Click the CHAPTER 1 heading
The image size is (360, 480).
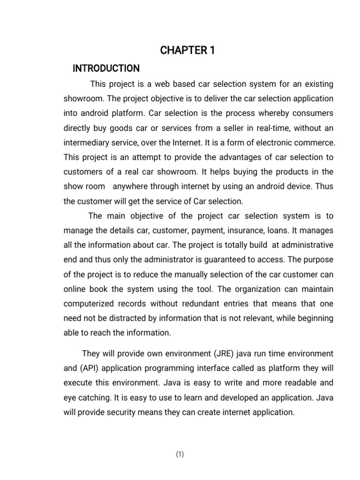[187, 51]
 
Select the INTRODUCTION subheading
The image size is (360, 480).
[106, 68]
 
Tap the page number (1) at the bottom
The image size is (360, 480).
[180, 454]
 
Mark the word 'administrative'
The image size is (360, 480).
[308, 245]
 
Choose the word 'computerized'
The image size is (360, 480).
[90, 303]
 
